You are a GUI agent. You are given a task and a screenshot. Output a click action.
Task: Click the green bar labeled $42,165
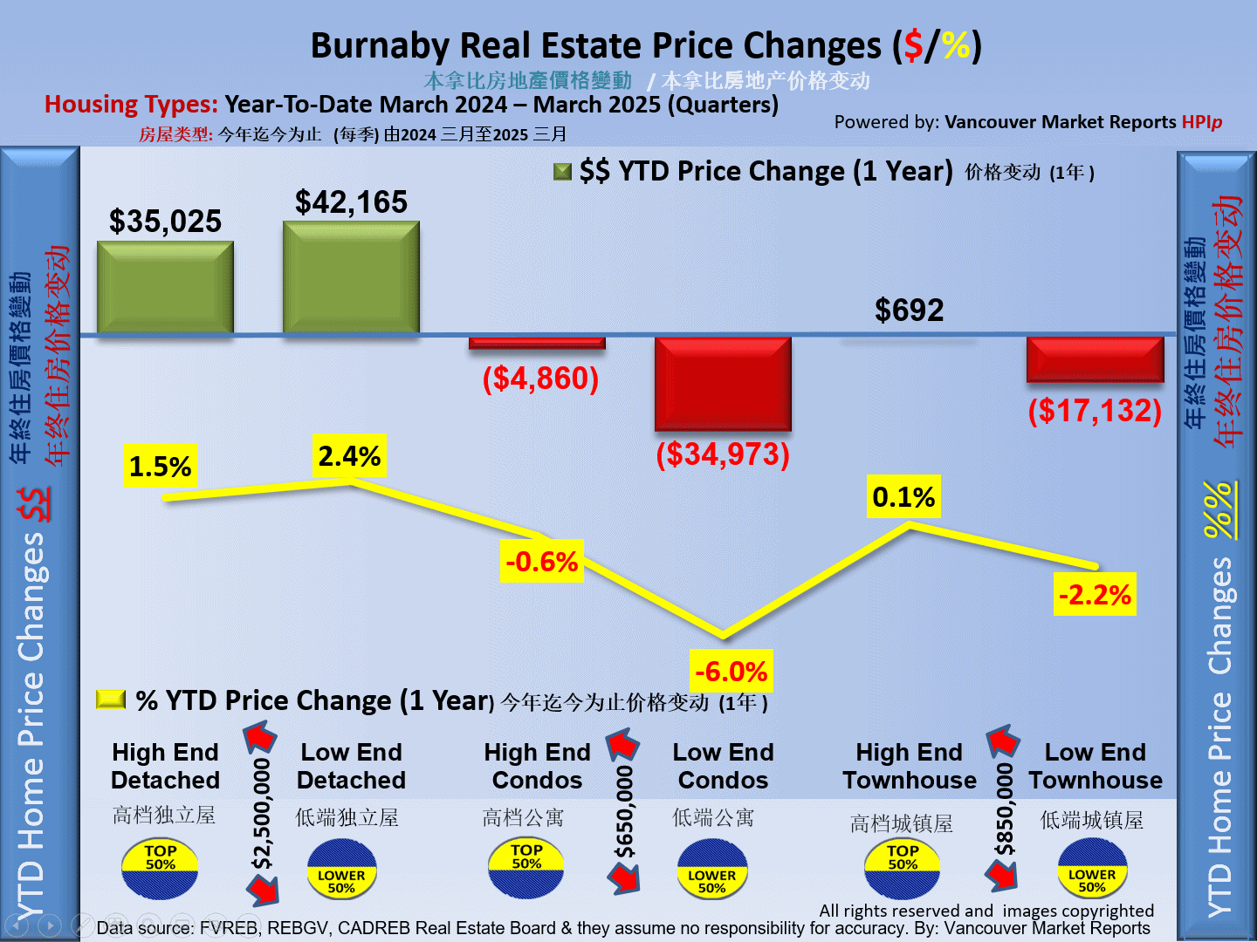coord(351,277)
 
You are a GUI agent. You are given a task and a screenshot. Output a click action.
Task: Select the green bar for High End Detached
coord(165,288)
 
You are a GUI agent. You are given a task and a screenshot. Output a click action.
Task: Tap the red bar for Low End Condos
coord(723,384)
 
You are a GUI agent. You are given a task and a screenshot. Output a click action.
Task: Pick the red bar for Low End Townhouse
coord(1095,358)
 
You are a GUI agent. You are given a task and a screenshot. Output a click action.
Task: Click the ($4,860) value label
coord(540,379)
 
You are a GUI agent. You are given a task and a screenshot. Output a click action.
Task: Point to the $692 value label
coord(909,311)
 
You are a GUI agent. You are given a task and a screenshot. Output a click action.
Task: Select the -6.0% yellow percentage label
coord(731,672)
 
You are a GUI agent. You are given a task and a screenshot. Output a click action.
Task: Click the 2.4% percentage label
coord(349,455)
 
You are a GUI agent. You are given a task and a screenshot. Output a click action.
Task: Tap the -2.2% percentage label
coord(1095,595)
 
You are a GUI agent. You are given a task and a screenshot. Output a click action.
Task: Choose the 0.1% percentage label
coord(903,497)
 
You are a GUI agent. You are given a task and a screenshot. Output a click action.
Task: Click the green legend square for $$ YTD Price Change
coord(563,171)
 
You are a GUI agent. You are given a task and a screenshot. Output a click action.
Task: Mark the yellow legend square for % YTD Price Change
coord(111,700)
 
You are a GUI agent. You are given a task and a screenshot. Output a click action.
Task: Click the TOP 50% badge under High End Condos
coord(526,867)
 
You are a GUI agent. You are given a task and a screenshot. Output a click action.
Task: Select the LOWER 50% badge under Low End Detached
coord(341,870)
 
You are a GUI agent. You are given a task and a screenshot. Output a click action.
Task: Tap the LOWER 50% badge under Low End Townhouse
coord(1092,869)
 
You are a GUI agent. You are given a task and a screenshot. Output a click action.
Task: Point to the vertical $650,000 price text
coord(624,813)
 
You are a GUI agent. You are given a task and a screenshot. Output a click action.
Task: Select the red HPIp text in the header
coord(1201,122)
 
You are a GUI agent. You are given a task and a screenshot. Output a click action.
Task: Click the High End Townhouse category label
coord(909,766)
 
